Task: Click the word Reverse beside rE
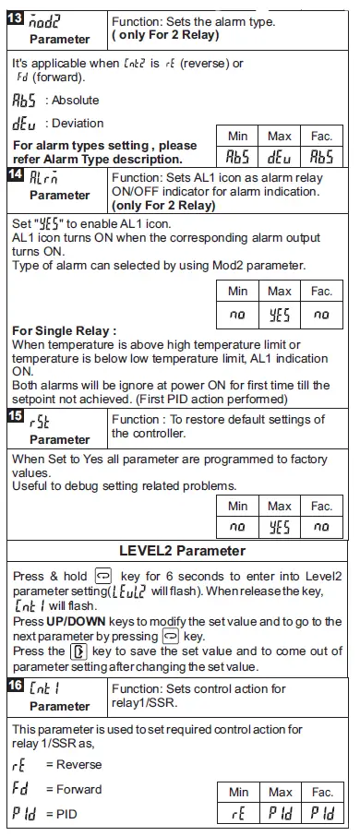coord(78,764)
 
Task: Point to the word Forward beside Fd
coord(79,789)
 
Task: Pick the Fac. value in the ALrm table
coord(321,313)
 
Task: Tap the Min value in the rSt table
coord(238,526)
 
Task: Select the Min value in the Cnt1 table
coord(238,814)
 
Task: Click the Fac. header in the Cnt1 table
coord(321,792)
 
